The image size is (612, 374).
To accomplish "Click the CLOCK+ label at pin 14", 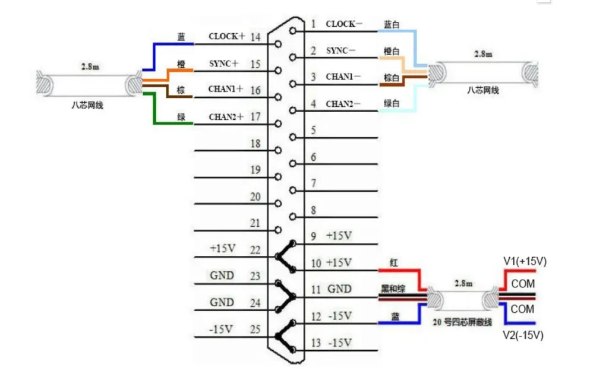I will (x=226, y=36).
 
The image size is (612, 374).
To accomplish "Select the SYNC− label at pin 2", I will (x=341, y=51).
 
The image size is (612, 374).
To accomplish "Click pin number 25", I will (x=255, y=329).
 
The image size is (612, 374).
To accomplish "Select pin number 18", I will (x=255, y=144).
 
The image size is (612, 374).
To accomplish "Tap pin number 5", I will (x=313, y=130).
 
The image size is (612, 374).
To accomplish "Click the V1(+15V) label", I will (x=525, y=261).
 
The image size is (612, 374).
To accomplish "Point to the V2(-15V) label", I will (x=523, y=335).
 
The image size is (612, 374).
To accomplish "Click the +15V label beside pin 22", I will (x=223, y=248).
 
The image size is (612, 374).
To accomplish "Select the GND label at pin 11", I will (x=339, y=290).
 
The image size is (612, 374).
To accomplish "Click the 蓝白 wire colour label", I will (x=392, y=24).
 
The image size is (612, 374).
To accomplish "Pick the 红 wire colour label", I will (x=393, y=262).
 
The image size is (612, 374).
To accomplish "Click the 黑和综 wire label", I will (x=393, y=289).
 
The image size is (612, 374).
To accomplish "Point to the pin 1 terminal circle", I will (x=292, y=31).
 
